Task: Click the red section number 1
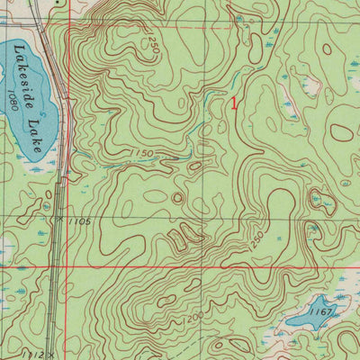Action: (x=235, y=103)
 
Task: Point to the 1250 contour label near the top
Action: (x=154, y=45)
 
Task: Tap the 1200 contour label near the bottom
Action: (x=190, y=318)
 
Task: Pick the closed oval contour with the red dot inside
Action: (x=343, y=131)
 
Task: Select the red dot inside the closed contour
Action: (x=343, y=131)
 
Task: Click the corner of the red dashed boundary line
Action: (x=69, y=28)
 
